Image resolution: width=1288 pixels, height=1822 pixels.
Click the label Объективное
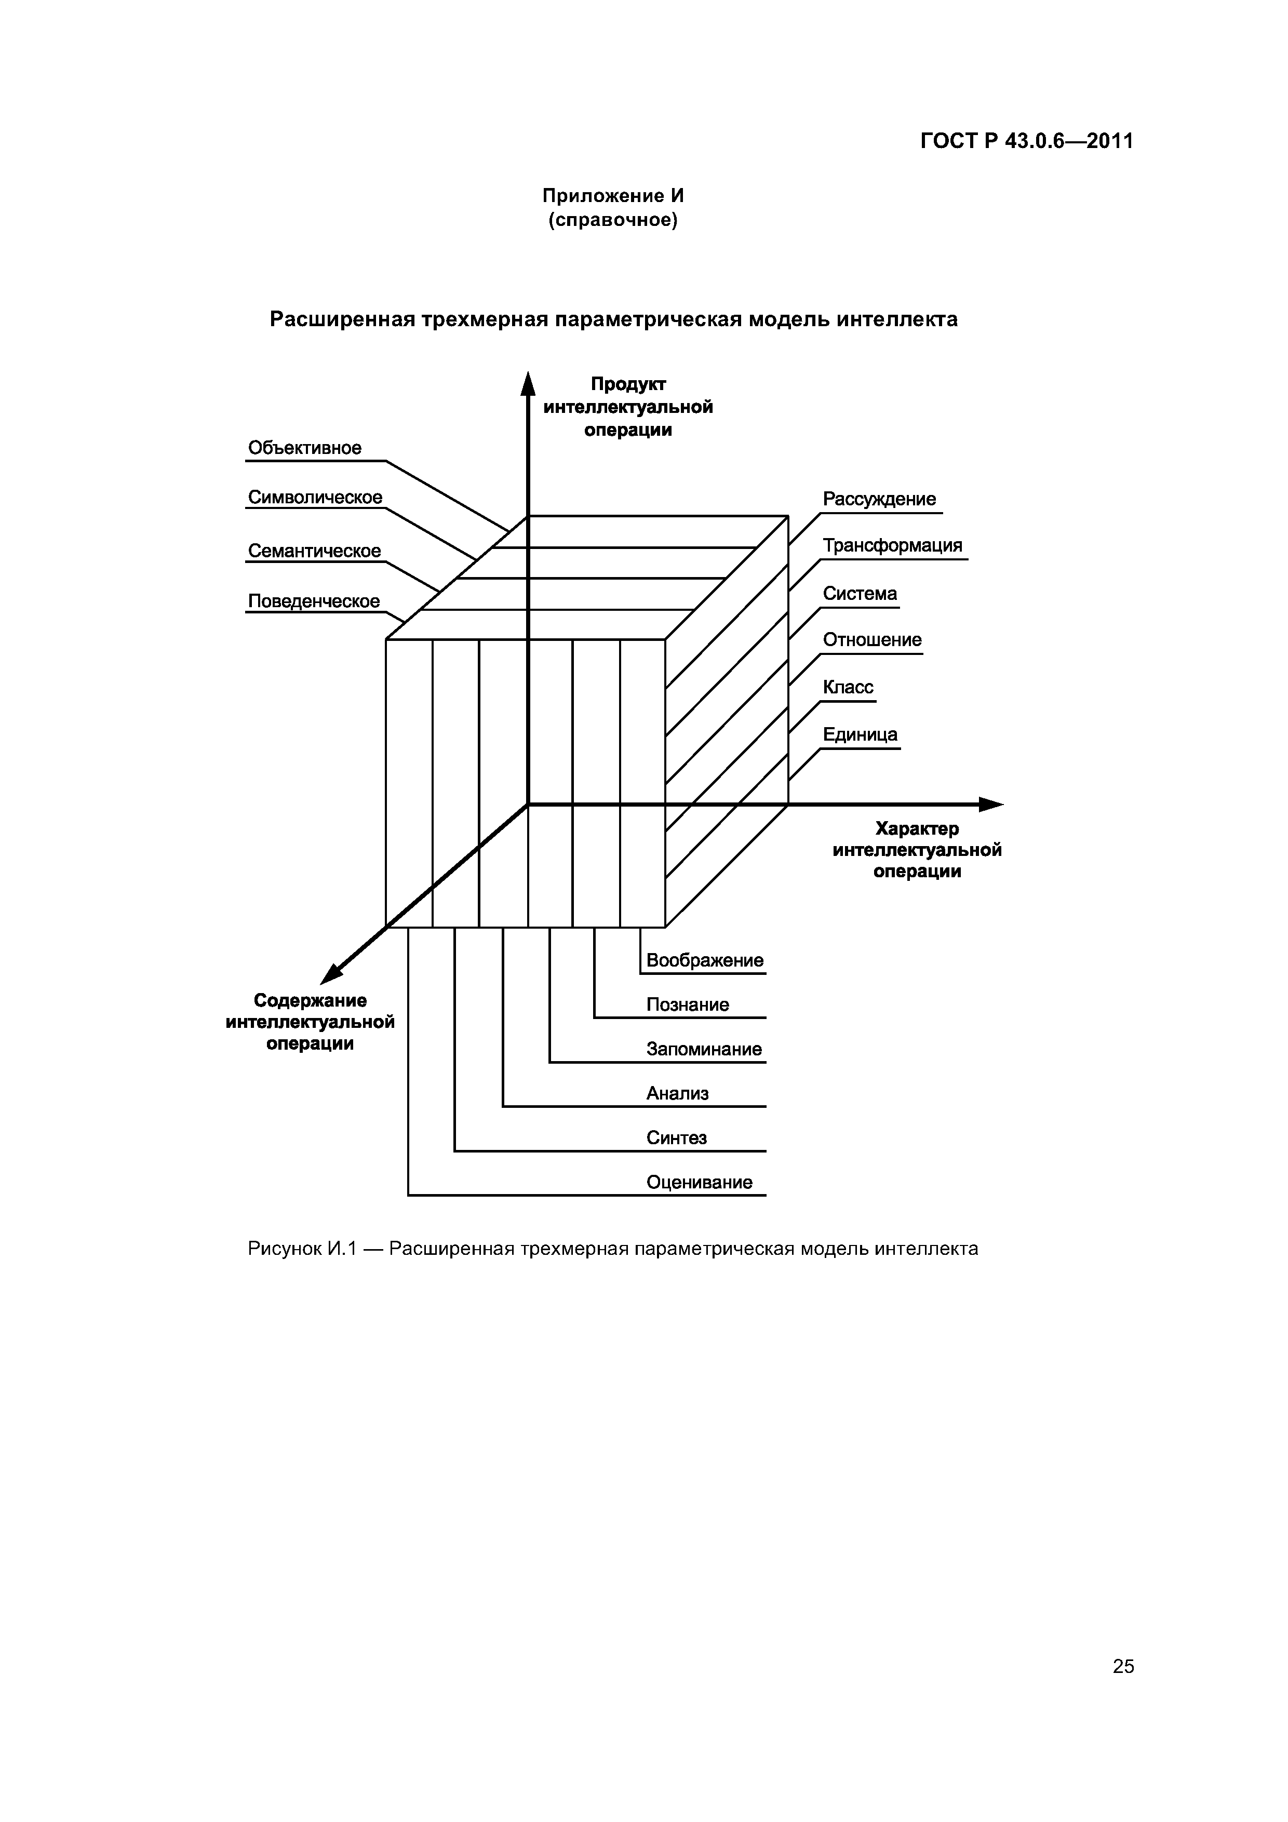305,448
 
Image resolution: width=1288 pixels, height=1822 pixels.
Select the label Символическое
315,498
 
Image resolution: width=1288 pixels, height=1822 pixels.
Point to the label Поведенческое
314,601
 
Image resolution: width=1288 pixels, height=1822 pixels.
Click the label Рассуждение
879,499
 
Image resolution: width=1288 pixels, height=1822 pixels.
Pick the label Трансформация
892,546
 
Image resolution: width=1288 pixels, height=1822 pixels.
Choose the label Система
860,594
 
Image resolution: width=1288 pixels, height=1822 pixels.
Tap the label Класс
848,687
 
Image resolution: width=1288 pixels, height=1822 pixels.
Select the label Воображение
705,960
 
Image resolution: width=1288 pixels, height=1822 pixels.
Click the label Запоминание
704,1049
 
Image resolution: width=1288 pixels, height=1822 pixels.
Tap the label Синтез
676,1138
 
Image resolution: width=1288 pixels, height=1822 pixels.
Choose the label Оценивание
699,1183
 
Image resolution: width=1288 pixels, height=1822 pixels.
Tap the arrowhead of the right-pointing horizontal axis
991,805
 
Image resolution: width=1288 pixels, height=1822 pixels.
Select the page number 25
1123,1667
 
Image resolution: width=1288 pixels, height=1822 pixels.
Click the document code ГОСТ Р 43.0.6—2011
1027,141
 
